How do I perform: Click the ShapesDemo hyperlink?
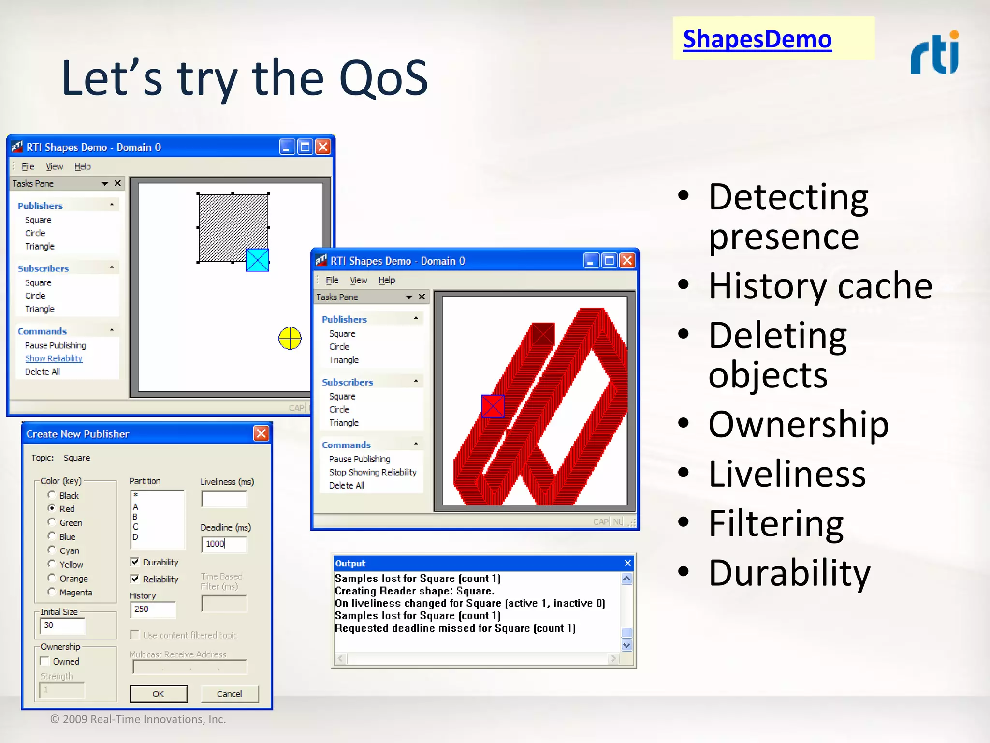(x=757, y=39)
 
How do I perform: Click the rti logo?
(x=934, y=53)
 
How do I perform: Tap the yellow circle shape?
(x=290, y=338)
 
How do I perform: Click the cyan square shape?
(x=258, y=260)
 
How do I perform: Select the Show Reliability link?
(x=54, y=358)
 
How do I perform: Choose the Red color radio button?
(x=52, y=508)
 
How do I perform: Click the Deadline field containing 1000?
(x=224, y=544)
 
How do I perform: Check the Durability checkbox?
(x=135, y=562)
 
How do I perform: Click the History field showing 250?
(x=152, y=609)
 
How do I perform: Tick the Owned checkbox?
(x=45, y=661)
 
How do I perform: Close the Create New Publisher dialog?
(x=261, y=433)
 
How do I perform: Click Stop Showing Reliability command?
(x=372, y=472)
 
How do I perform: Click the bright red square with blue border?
(x=493, y=406)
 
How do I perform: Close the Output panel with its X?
(x=627, y=563)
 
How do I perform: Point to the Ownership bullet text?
(x=798, y=424)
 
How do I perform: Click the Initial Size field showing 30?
(x=62, y=625)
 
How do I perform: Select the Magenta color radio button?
(x=52, y=592)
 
